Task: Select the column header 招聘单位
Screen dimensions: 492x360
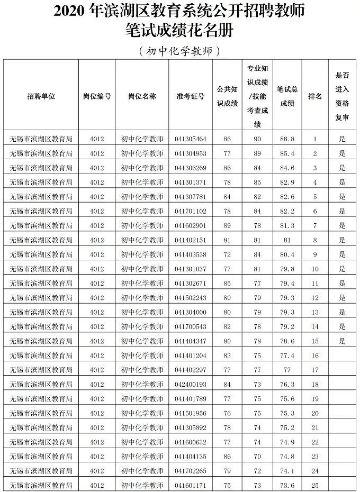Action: pos(41,96)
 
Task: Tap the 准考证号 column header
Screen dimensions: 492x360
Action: pos(190,96)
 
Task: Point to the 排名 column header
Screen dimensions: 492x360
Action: pos(315,96)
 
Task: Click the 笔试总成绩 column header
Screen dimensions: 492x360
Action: pos(287,96)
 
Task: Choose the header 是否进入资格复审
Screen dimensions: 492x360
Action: pos(343,96)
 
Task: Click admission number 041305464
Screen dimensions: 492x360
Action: pos(190,139)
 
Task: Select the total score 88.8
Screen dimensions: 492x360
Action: pos(287,139)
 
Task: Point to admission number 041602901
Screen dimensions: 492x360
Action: pos(190,226)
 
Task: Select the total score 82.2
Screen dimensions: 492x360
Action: pos(287,211)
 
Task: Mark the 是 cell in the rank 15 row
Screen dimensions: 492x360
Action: pos(343,341)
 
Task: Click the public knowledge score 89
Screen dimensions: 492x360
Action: pos(227,226)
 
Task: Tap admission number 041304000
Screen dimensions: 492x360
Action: pos(190,312)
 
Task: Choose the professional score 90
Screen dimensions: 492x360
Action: pos(257,139)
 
